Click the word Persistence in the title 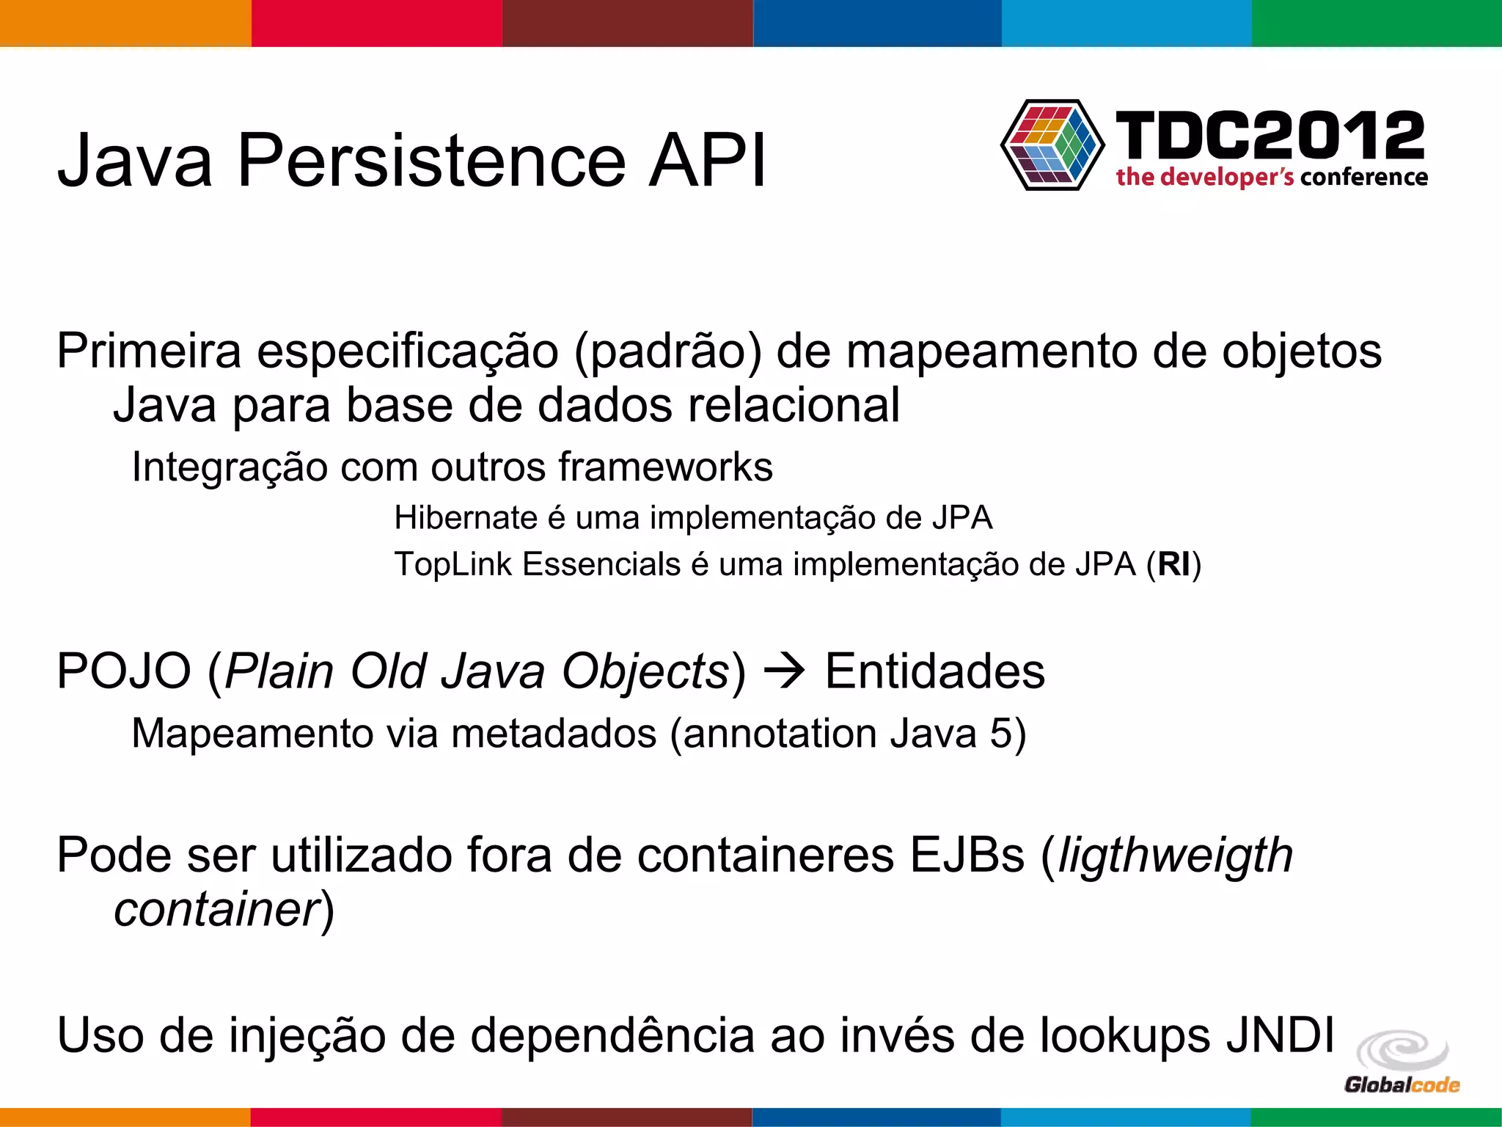[431, 160]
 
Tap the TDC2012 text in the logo [1270, 135]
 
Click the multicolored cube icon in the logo [1052, 145]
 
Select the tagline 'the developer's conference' [1272, 178]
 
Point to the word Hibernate [466, 518]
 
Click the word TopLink [453, 565]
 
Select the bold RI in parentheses [1174, 565]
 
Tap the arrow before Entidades [785, 671]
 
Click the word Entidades [934, 671]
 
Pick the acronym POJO [124, 671]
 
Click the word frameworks [665, 467]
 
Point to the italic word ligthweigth [1175, 856]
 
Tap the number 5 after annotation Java [1002, 734]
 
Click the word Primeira [149, 351]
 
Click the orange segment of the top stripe [125, 23]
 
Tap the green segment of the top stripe [1377, 23]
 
